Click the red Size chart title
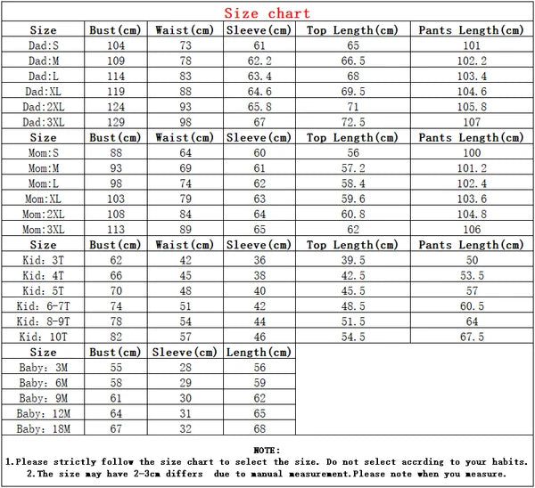[267, 13]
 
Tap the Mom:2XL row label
[44, 215]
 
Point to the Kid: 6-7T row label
[44, 306]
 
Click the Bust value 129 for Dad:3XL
[116, 122]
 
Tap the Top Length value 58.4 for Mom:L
[356, 183]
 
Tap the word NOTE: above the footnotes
[267, 450]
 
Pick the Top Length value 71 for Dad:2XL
[356, 107]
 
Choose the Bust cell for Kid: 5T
[116, 291]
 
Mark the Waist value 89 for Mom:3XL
[185, 230]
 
